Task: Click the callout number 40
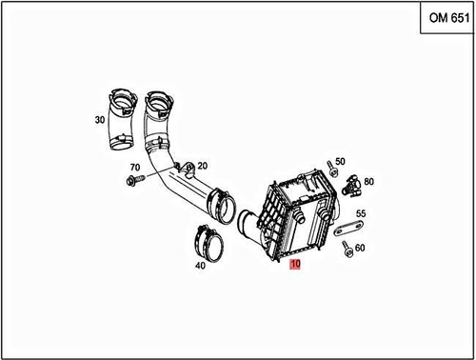point(201,267)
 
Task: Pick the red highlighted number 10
point(295,270)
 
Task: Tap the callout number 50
point(341,162)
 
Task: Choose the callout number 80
point(369,181)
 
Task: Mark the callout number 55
point(361,213)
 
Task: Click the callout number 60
point(360,249)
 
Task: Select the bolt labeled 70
point(133,178)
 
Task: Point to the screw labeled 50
point(329,170)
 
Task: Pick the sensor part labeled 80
point(352,184)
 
